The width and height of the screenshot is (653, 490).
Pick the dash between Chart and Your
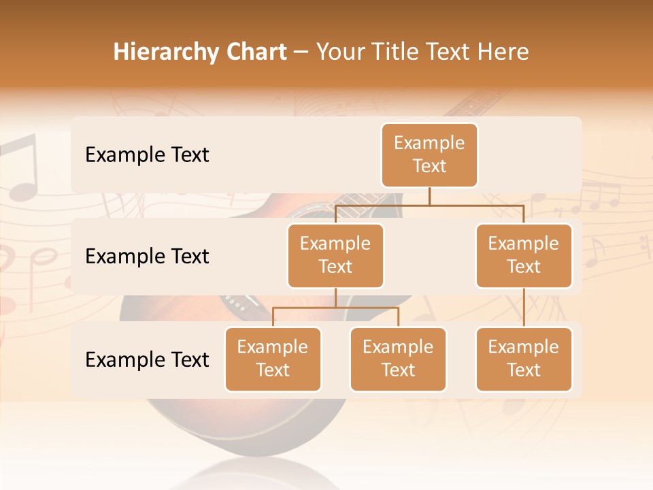coord(301,53)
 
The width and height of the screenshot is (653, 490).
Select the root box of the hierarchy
coord(429,154)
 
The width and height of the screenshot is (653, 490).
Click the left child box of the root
coord(335,255)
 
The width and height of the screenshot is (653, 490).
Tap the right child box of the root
coord(524,255)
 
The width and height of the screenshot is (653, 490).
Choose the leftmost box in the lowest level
coord(273,359)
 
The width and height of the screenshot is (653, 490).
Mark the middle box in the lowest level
coord(398,359)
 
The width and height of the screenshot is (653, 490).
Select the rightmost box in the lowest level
coord(524,359)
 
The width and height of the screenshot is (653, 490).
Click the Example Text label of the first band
coord(147,154)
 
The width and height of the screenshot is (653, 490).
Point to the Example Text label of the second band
coord(147,256)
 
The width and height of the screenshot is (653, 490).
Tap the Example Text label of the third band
coord(147,359)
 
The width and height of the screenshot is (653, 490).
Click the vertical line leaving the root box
coord(429,196)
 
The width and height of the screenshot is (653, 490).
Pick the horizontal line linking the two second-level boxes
coord(429,205)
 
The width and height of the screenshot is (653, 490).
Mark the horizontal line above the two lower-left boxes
coord(335,308)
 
